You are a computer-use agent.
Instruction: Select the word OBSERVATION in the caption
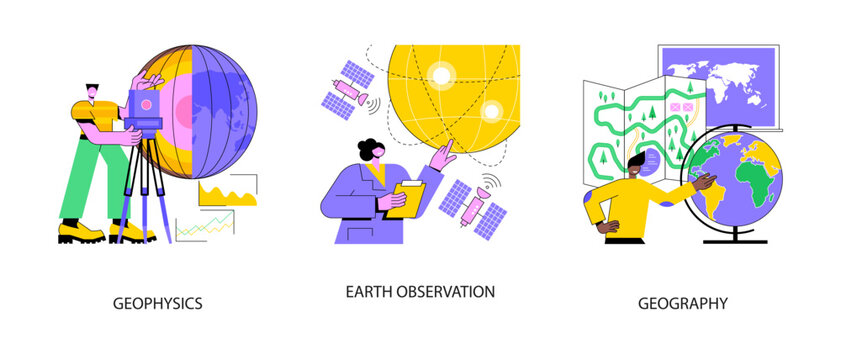[x=448, y=292]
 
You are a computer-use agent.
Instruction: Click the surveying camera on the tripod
[x=145, y=106]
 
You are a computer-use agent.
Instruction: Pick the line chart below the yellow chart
[x=204, y=227]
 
